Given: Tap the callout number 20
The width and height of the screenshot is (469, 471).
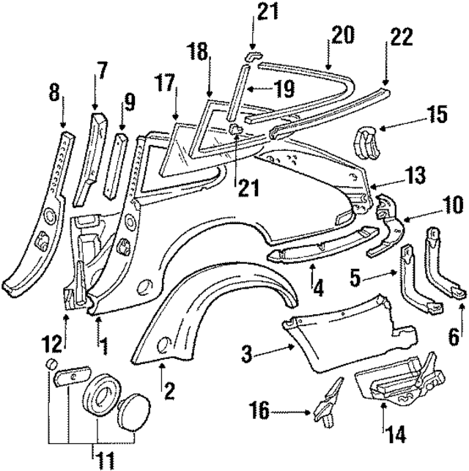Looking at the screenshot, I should (342, 34).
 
